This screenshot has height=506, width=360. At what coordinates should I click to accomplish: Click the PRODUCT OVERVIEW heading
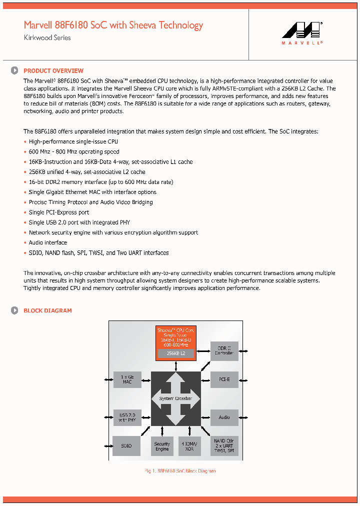coord(53,71)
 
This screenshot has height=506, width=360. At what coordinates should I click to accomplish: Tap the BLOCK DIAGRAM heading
coord(47,310)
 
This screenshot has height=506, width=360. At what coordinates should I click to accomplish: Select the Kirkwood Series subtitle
coord(47,38)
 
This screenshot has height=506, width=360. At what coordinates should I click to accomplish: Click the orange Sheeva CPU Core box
coord(175,337)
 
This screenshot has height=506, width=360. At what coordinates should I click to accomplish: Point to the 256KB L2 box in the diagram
coord(175,353)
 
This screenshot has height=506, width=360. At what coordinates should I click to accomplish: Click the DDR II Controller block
coord(224,351)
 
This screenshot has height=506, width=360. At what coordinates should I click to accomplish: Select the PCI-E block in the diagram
coord(224,380)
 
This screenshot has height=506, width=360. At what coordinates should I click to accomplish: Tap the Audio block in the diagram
coord(224,417)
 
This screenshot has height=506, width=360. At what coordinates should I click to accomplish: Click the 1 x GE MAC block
coord(127,380)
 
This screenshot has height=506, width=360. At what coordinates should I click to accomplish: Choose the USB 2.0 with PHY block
coord(127,417)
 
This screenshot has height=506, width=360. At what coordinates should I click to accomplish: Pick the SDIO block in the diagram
coord(126,445)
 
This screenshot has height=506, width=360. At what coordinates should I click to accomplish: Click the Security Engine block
coord(162,446)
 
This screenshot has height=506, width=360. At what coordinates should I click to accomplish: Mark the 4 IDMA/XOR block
coord(189,446)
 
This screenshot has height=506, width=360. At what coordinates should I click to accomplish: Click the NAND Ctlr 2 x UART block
coord(224,445)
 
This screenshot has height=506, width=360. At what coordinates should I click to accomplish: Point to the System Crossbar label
coord(175,398)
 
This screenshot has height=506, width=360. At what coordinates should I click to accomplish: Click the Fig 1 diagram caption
coord(180,471)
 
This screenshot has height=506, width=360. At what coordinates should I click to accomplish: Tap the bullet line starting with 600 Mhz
coord(74,151)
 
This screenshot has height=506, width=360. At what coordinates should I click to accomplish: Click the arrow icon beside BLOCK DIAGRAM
coord(15,310)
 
